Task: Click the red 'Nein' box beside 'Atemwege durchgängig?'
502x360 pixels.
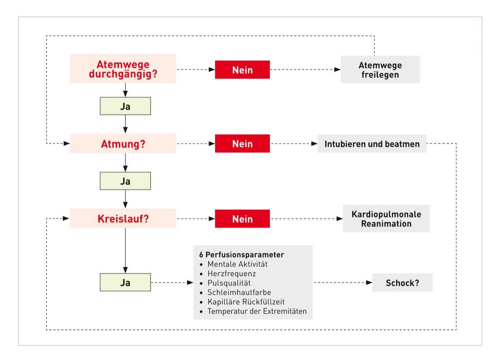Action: (x=243, y=69)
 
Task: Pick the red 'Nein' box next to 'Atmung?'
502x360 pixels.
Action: (x=243, y=144)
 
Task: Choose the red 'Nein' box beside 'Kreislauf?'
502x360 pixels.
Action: (x=243, y=219)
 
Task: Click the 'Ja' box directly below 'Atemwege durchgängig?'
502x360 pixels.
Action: (x=125, y=106)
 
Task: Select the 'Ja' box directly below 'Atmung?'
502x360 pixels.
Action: (x=125, y=181)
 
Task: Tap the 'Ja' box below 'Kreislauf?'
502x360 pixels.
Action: (x=125, y=283)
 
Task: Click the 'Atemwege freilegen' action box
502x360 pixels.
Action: (x=380, y=69)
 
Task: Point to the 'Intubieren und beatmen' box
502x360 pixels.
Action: (x=372, y=144)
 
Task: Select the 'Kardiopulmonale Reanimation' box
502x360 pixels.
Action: (x=386, y=219)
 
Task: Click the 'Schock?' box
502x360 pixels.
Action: (x=402, y=283)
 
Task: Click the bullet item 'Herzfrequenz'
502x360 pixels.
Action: (x=231, y=273)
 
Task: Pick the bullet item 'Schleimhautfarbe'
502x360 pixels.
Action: (x=239, y=292)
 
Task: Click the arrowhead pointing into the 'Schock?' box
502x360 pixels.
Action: (x=369, y=283)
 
